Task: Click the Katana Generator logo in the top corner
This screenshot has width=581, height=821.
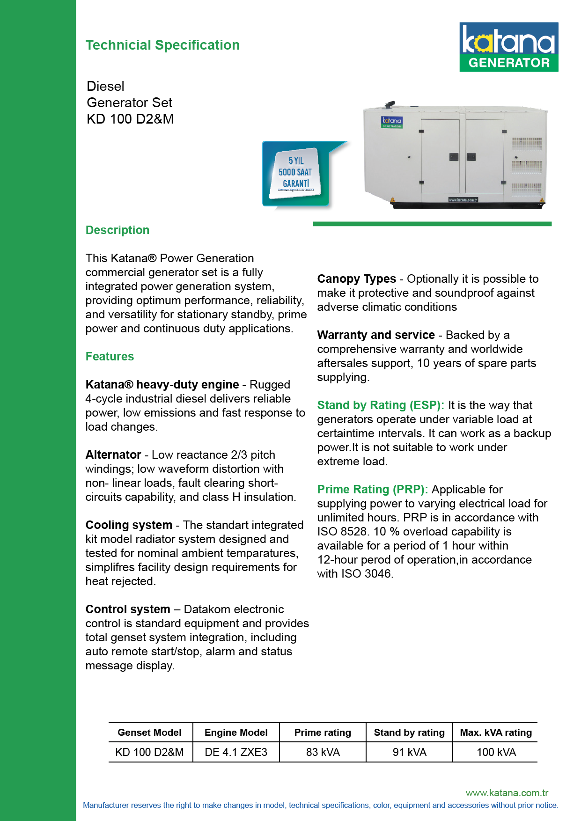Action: point(508,47)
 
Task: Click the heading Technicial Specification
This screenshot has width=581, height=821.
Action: point(162,45)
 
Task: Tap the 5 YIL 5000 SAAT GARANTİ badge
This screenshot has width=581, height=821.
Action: point(295,173)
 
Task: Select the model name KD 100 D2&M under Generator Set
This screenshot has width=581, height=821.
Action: point(130,119)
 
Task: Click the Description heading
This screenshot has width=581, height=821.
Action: point(118,230)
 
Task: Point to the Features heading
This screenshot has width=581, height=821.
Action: point(110,357)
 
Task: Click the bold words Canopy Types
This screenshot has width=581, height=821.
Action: point(356,279)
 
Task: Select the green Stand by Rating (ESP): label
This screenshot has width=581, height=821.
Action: point(381,405)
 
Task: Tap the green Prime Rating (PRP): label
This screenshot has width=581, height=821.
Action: point(373,490)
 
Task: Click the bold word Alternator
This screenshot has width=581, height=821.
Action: point(113,455)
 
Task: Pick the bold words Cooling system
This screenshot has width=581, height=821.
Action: point(129,525)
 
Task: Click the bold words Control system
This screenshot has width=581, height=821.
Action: point(128,609)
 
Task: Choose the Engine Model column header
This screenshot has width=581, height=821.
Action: point(236,733)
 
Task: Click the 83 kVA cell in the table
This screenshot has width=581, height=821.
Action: point(323,752)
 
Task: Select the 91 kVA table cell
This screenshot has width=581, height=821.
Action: point(410,752)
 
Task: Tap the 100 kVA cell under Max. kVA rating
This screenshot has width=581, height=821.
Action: point(496,752)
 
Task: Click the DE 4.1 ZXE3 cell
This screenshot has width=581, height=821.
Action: point(236,752)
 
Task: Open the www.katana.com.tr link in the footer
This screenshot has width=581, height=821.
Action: point(507,793)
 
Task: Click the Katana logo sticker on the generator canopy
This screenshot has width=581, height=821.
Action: point(391,122)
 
